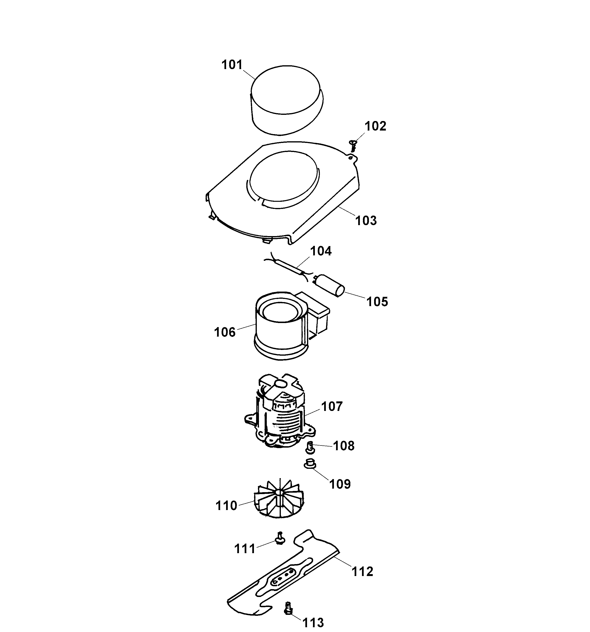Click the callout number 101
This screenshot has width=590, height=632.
(232, 65)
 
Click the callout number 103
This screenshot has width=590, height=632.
(366, 221)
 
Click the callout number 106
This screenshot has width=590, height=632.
(224, 333)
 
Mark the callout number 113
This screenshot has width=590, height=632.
(313, 622)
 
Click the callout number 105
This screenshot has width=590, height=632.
(377, 302)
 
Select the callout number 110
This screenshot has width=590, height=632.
(226, 506)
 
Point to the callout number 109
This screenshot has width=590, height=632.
(340, 484)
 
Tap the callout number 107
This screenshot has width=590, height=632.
(332, 406)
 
